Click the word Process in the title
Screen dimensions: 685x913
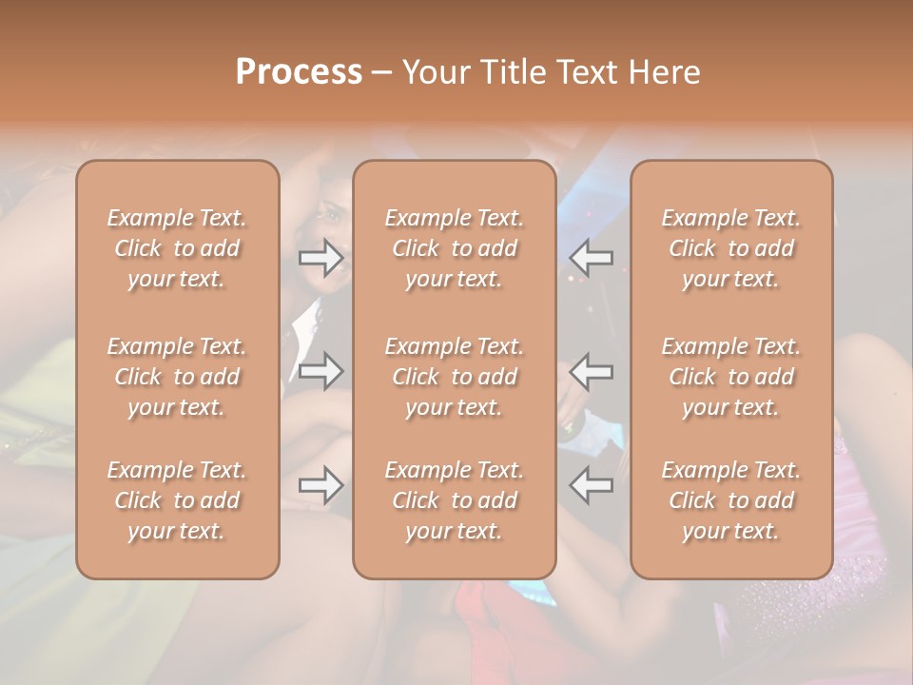[299, 72]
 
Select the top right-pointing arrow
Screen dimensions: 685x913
[321, 258]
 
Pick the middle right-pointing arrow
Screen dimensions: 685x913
[321, 371]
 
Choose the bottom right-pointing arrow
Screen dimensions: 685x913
[321, 485]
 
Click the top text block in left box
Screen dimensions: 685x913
[177, 248]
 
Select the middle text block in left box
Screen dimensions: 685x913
[177, 377]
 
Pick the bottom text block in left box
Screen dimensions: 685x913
[177, 500]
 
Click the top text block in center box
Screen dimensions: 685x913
[455, 248]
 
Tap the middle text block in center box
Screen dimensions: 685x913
[455, 377]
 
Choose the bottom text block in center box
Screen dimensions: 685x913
[455, 500]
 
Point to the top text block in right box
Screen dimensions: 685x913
[731, 248]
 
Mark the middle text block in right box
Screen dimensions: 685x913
[731, 377]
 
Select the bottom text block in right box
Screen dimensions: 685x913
[731, 500]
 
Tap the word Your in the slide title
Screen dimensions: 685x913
[433, 72]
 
